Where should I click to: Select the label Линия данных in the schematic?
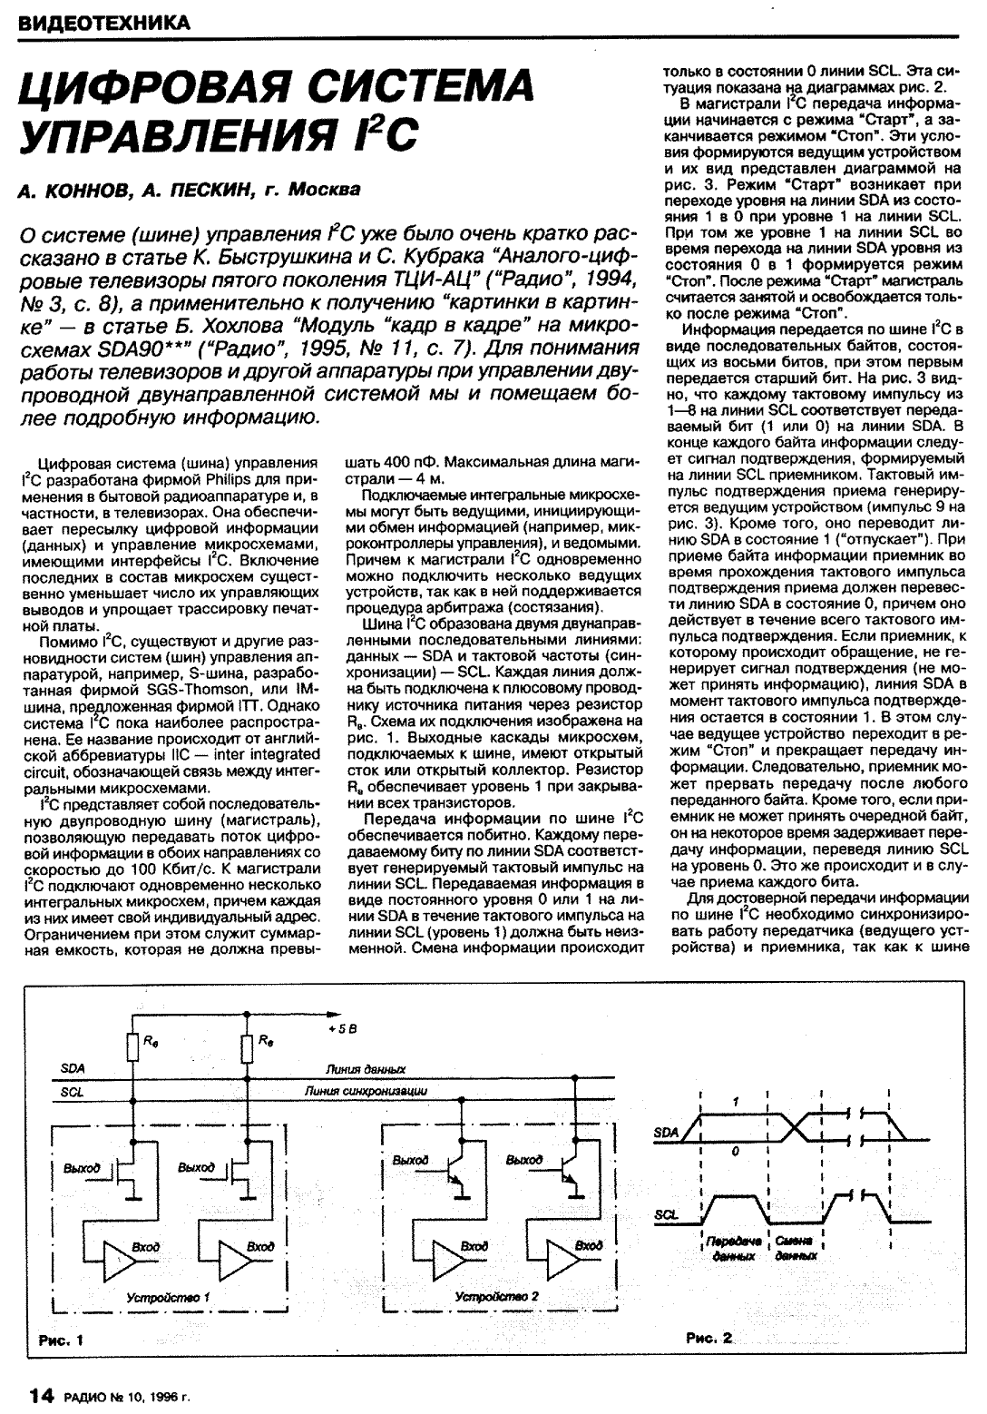[366, 1069]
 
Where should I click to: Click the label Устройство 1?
[168, 1297]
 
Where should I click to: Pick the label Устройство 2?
[497, 1297]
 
